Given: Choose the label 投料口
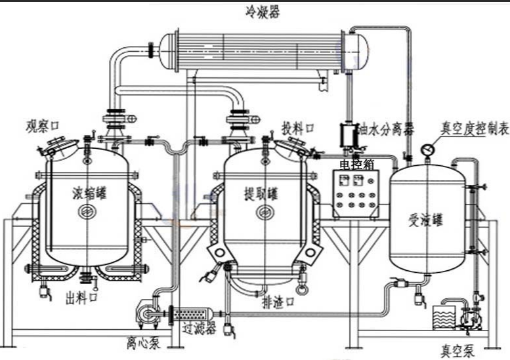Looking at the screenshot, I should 297,127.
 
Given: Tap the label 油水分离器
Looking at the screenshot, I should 387,129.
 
